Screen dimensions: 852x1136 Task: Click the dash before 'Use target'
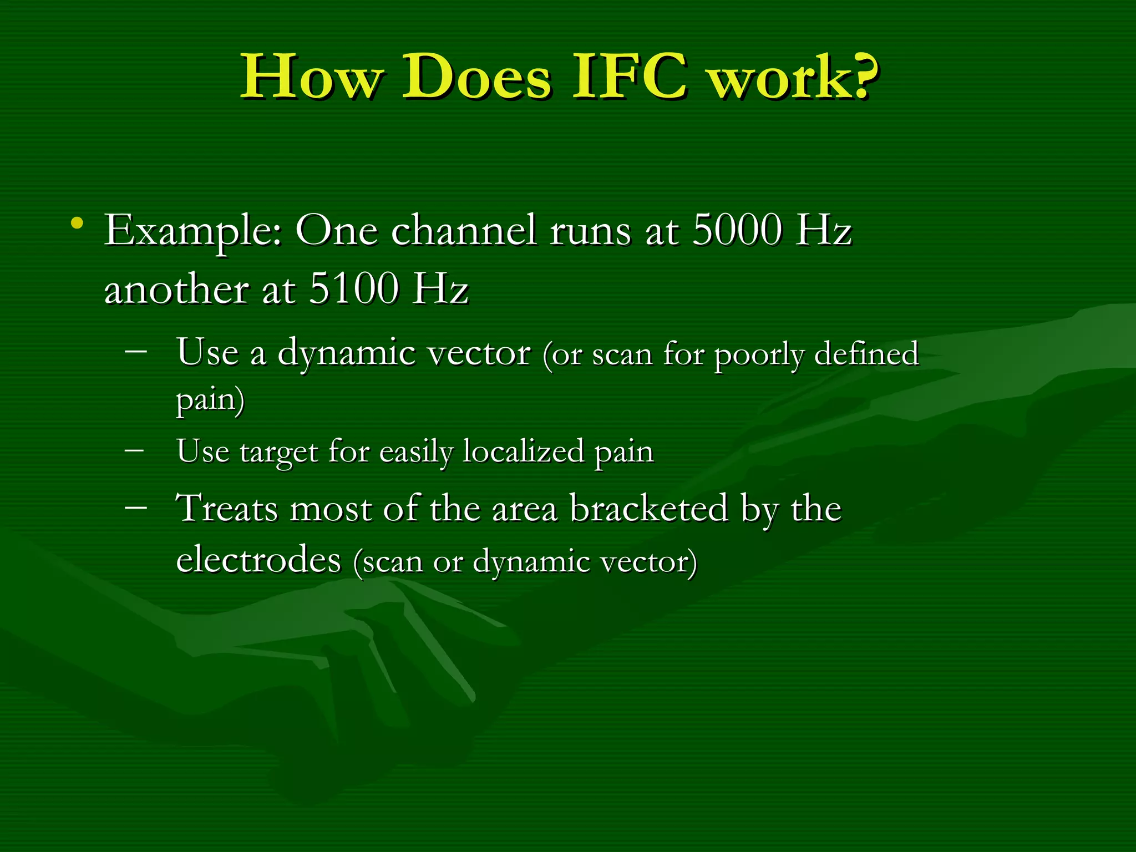click(134, 449)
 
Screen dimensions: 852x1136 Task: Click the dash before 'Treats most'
click(136, 507)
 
